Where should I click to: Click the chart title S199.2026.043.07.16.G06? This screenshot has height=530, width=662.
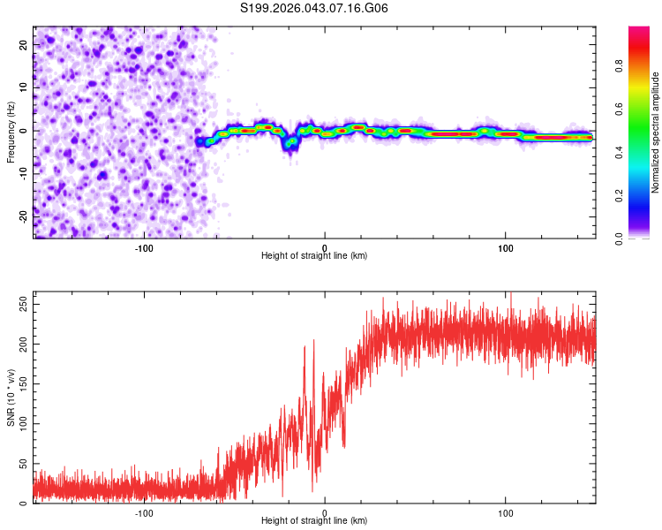click(x=314, y=9)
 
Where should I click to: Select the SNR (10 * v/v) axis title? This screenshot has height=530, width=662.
click(x=11, y=397)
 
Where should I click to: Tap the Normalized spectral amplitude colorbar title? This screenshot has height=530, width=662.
click(x=656, y=132)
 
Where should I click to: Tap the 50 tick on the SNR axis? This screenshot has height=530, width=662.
click(x=25, y=464)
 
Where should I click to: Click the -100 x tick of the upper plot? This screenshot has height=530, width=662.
click(x=144, y=247)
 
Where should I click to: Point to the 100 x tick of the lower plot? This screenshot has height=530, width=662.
click(x=506, y=512)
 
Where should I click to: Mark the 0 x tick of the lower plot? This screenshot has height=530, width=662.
click(x=325, y=512)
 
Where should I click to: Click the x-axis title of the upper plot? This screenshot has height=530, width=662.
click(x=314, y=256)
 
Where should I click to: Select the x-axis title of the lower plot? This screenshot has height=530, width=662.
click(x=314, y=521)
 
